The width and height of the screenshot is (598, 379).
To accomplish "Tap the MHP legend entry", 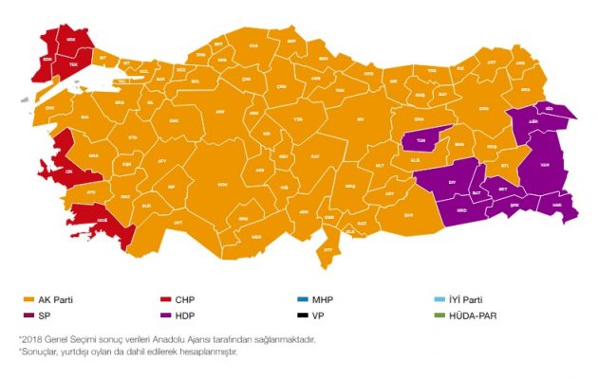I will pyautogui.click(x=315, y=300).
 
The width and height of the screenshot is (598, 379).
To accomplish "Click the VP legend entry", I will pyautogui.click(x=312, y=315).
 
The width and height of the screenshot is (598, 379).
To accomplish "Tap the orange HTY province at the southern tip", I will pyautogui.click(x=329, y=248).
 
